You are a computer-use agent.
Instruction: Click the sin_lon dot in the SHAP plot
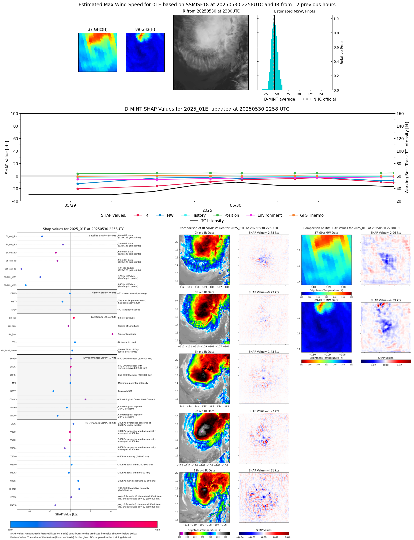tap(112, 334)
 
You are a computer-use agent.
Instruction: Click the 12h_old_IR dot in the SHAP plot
tap(22, 269)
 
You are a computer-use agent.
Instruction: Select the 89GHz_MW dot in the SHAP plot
tap(26, 285)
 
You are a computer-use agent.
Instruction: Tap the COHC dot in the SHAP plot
tap(86, 399)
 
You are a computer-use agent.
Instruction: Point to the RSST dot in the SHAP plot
tap(53, 391)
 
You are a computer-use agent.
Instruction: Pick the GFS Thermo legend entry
tap(312, 215)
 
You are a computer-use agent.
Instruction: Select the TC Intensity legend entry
tap(212, 221)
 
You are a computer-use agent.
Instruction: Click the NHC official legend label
tap(324, 99)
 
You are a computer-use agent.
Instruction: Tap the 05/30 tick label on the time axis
tap(236, 205)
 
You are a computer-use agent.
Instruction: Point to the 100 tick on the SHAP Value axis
tap(14, 114)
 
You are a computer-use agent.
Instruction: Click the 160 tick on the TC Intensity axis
tap(400, 114)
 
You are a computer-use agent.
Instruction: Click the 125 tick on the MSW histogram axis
tap(310, 94)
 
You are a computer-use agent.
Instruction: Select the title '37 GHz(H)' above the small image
tap(98, 30)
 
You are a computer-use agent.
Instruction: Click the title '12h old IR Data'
tap(204, 470)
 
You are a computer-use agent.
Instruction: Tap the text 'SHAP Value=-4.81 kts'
tap(264, 470)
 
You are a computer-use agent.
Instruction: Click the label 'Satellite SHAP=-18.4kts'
tap(102, 236)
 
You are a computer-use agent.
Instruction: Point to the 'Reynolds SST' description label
tap(125, 391)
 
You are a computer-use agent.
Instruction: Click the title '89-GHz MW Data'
tap(326, 300)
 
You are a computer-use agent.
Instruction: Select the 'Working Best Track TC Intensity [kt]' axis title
tap(407, 157)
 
